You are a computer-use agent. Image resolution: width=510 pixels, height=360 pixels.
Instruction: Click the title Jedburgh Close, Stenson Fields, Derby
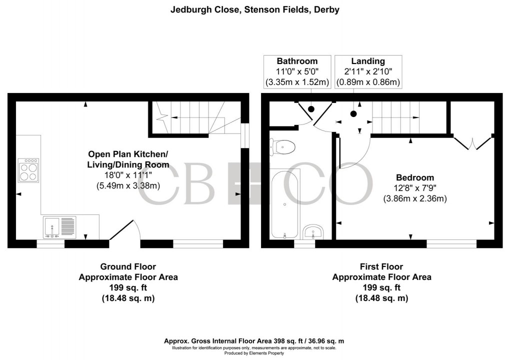(x=254, y=9)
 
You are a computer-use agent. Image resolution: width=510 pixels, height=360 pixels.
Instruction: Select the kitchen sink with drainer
(x=59, y=227)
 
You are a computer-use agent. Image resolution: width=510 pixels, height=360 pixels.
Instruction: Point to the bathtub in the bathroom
(x=284, y=204)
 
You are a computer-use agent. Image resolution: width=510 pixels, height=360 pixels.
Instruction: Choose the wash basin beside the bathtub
(x=314, y=231)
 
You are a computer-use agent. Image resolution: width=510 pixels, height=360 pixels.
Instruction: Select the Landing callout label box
(x=368, y=71)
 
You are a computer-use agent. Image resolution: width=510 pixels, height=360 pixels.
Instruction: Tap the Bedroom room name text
(x=414, y=177)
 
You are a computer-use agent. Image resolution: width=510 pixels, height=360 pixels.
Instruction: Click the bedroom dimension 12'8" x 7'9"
(x=414, y=188)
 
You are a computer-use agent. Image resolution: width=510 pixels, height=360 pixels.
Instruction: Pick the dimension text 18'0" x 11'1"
(x=128, y=175)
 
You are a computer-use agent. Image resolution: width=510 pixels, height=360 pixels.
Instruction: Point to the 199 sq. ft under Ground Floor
(x=128, y=287)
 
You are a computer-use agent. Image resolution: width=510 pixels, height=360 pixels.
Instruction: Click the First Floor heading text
(x=381, y=266)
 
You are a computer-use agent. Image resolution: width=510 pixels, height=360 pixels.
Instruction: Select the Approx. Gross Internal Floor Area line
(x=254, y=341)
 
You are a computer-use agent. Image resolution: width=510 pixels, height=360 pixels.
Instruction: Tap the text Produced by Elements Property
(x=254, y=353)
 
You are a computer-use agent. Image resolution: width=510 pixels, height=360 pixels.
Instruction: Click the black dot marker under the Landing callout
(x=353, y=113)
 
